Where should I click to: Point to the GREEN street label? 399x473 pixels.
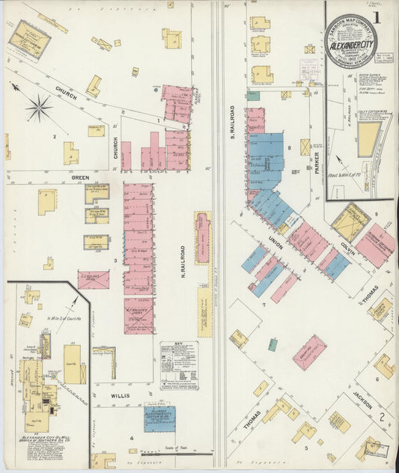80,177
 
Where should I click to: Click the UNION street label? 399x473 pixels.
274,240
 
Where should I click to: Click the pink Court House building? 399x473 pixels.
308,352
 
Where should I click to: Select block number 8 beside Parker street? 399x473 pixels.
289,148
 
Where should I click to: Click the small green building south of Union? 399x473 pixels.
273,344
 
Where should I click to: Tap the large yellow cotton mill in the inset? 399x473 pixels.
369,140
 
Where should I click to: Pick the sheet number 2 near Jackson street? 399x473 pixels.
383,416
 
